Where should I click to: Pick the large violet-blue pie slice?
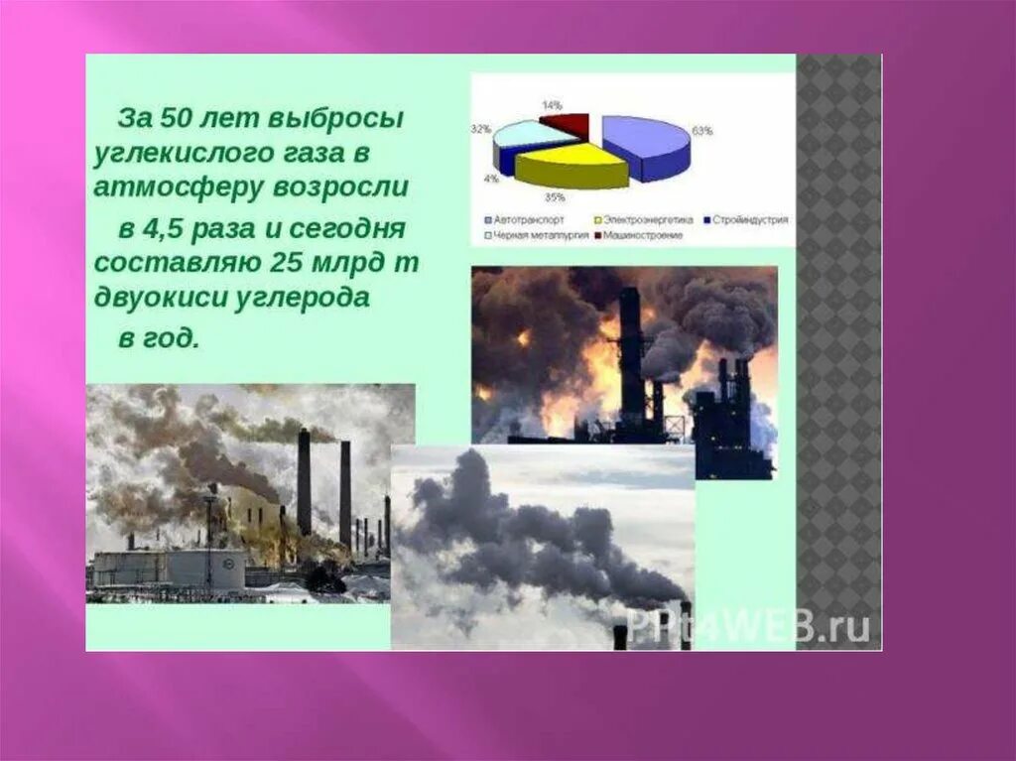[x=645, y=144]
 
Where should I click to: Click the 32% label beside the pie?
[x=481, y=130]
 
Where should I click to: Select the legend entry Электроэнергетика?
[x=646, y=219]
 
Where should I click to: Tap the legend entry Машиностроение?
[x=644, y=235]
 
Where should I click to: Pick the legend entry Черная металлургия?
[x=536, y=235]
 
